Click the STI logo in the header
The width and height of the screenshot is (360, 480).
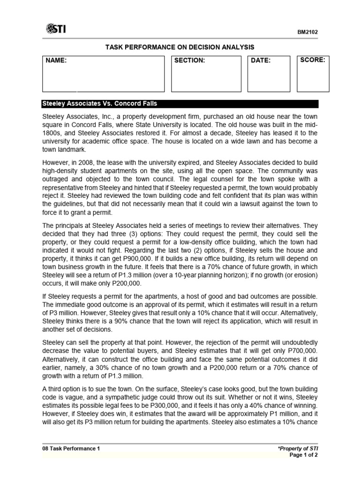(56, 30)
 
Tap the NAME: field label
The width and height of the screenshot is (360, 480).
(56, 60)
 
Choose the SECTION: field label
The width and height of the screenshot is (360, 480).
(190, 60)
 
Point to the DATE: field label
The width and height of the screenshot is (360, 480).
(261, 60)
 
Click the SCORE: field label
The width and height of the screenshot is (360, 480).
(313, 60)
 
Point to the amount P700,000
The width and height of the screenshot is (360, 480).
(303, 351)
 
